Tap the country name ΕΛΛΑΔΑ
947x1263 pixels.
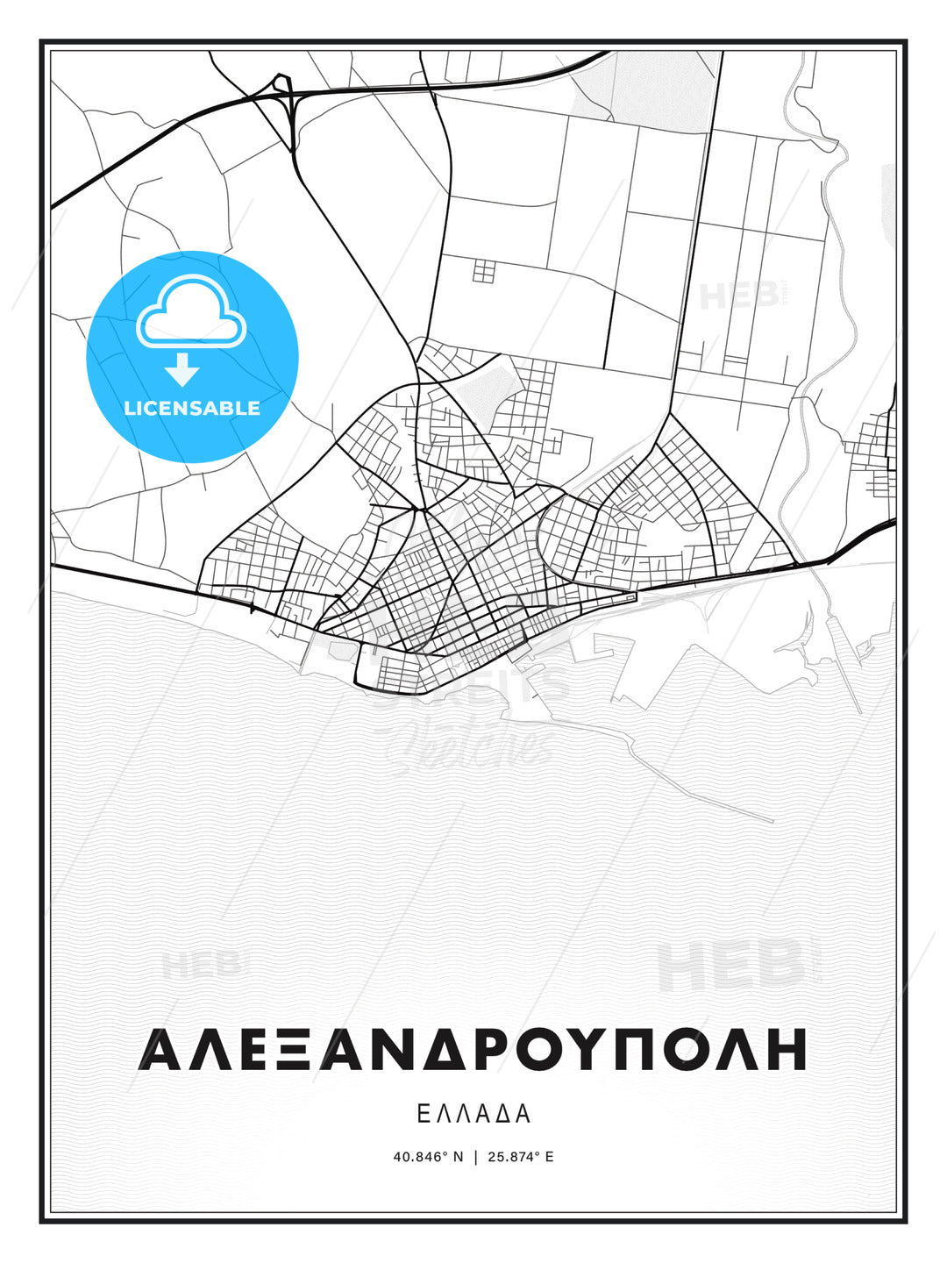coord(473,1114)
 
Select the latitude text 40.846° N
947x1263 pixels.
coord(428,1157)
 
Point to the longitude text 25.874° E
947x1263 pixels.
coord(521,1157)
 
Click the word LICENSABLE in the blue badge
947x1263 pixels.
coord(192,408)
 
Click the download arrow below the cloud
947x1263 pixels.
coord(182,370)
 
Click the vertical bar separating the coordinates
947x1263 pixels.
coord(475,1157)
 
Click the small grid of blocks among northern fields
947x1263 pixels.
coord(484,271)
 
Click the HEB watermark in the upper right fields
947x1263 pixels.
coord(738,296)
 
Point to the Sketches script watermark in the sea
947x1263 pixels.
coord(473,746)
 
